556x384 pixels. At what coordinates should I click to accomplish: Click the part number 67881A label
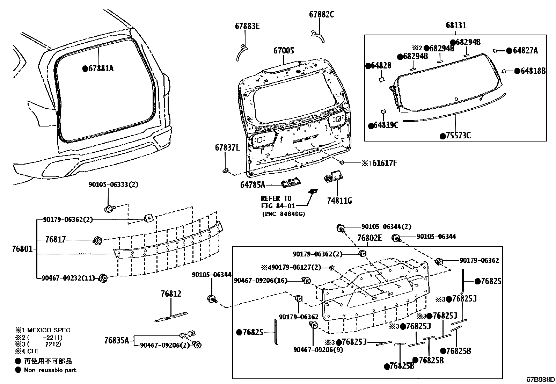tap(101, 69)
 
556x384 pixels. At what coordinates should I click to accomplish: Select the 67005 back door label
tap(284, 51)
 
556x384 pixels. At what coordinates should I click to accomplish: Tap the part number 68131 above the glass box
tap(456, 26)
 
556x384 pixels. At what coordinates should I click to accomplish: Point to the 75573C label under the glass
tap(458, 136)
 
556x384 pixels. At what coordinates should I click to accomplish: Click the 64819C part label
tap(385, 125)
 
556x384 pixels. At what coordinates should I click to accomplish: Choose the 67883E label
tap(247, 26)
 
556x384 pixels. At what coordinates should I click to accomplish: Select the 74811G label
tap(339, 201)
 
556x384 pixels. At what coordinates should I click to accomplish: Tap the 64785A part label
tap(253, 184)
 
